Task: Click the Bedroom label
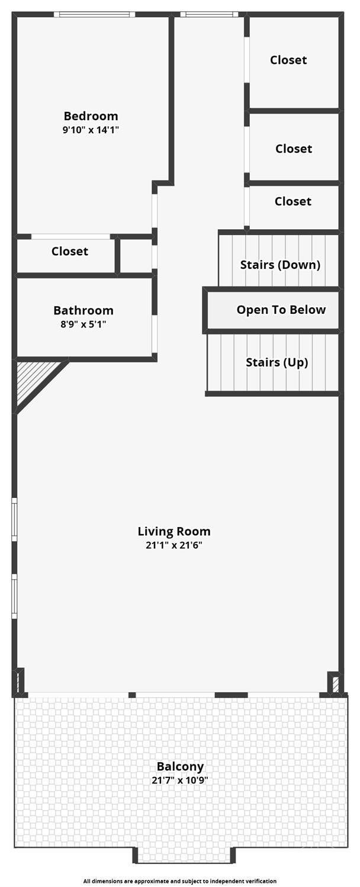pos(91,116)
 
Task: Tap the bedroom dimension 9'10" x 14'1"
pos(91,130)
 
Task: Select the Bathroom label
pos(83,310)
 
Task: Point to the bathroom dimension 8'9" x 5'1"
pos(83,324)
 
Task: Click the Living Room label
pos(174,531)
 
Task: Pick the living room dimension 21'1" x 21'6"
pos(174,545)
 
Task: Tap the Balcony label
pos(180,766)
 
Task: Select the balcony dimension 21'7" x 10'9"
pos(180,780)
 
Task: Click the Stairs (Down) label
pos(280,265)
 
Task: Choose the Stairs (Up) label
pos(277,362)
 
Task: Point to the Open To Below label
pos(281,310)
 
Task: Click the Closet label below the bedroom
pos(70,251)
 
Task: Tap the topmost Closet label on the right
pos(288,60)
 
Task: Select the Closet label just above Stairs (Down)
pos(293,201)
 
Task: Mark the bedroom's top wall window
pos(94,15)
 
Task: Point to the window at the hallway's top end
pos(209,15)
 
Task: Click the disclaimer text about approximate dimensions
pos(180,881)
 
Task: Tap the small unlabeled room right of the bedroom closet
pos(136,256)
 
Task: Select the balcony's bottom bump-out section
pos(184,856)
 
